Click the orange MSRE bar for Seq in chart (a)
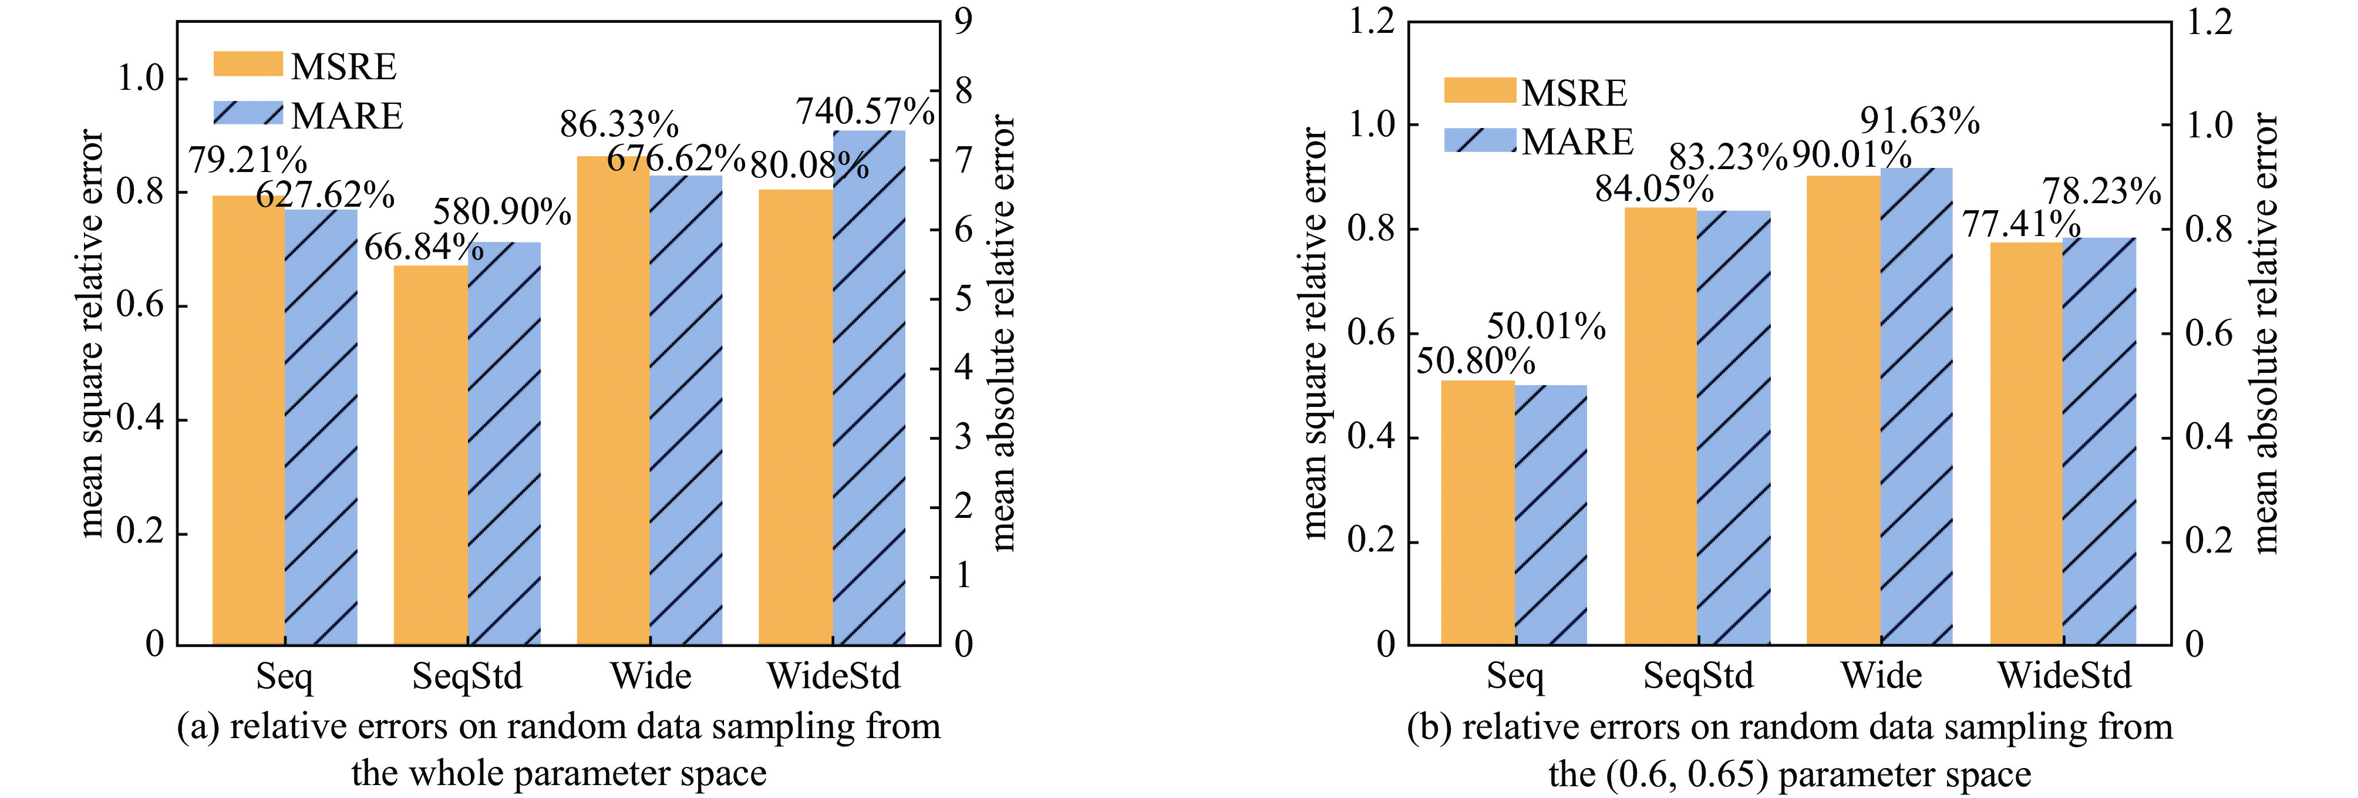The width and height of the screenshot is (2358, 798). (248, 421)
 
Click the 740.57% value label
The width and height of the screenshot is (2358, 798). (865, 112)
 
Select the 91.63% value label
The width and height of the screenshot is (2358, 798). (1919, 122)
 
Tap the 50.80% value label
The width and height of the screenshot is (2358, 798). (1476, 362)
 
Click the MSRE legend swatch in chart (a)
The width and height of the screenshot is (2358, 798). (248, 64)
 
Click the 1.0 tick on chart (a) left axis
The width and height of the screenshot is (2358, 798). (140, 79)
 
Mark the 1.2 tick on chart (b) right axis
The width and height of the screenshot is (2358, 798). (2208, 22)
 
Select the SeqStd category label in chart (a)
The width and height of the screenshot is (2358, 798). (467, 676)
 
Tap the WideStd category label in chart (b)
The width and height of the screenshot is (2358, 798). (2064, 676)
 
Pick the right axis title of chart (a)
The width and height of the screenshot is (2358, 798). (1003, 334)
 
